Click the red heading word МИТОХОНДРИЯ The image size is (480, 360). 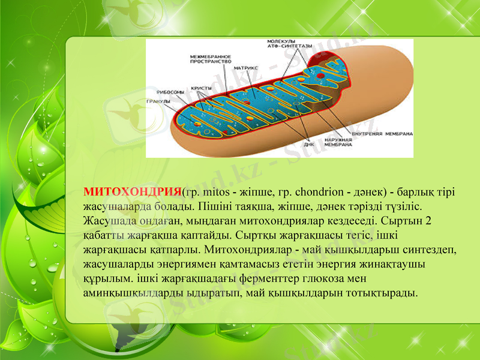click(x=131, y=192)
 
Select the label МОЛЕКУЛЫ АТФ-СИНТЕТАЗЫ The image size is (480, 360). click(x=289, y=44)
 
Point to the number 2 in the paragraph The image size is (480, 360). click(x=428, y=220)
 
